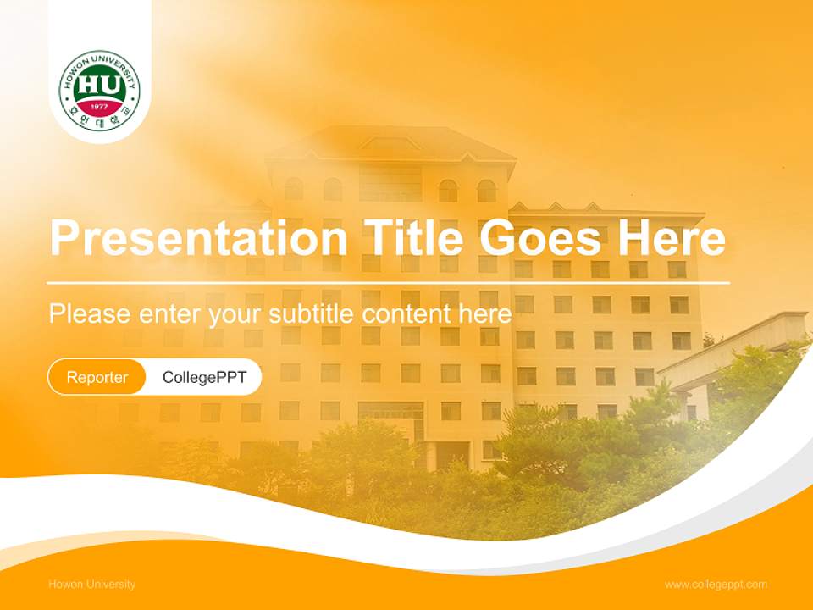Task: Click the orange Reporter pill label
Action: coord(97,377)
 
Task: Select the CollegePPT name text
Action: coord(204,377)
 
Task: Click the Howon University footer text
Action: coord(91,585)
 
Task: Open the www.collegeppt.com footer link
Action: coord(716,585)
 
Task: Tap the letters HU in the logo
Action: coord(99,86)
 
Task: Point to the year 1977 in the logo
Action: coord(99,107)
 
